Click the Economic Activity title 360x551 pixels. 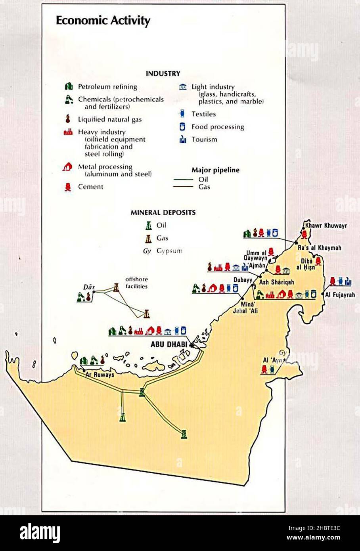(x=103, y=21)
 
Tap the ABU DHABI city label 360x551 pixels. (x=169, y=344)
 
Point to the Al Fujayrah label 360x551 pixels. (x=340, y=295)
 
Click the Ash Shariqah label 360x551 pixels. (x=276, y=282)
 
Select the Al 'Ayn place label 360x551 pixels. (x=272, y=360)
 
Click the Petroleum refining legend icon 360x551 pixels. (x=68, y=86)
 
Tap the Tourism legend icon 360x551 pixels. (x=183, y=140)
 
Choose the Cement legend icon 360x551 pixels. (x=68, y=187)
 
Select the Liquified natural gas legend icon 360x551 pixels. (x=68, y=119)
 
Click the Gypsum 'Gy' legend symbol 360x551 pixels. (x=147, y=251)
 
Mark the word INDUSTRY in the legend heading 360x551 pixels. (x=163, y=73)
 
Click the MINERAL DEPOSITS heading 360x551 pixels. (x=163, y=212)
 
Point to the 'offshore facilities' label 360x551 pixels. (x=136, y=282)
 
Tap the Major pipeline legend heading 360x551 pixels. (x=215, y=170)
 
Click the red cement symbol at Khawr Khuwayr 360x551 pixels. (x=304, y=234)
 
